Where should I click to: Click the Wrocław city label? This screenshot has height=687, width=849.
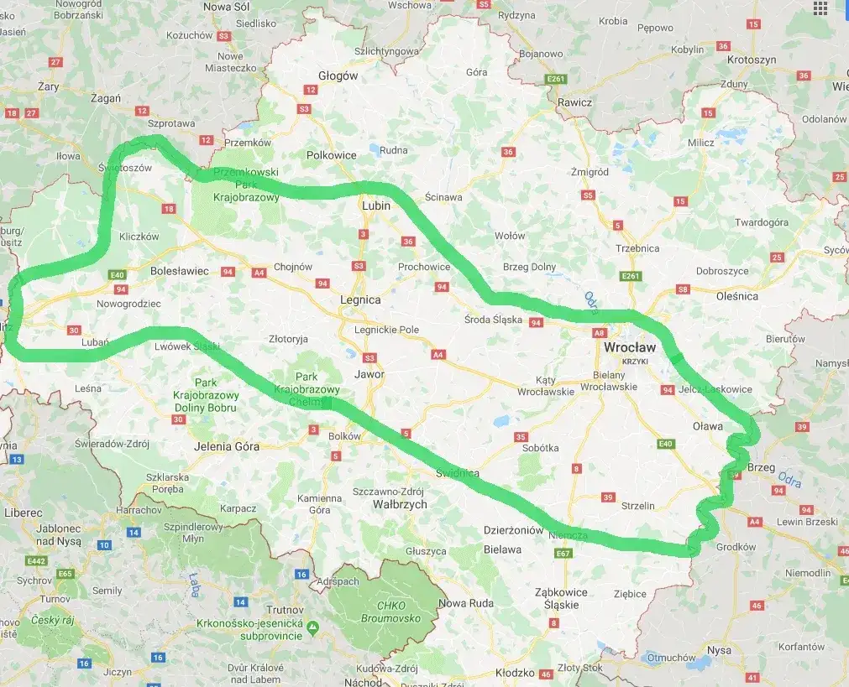tap(630, 346)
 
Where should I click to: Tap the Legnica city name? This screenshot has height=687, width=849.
tap(359, 299)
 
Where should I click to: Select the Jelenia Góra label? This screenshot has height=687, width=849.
tap(226, 446)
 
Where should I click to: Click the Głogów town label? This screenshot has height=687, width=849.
tap(338, 75)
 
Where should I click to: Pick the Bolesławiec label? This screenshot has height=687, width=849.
tap(179, 271)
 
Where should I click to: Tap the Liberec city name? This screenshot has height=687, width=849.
tap(23, 512)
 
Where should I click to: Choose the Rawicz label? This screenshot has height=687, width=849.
tap(574, 102)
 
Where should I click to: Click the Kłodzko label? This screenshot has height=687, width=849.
tap(515, 673)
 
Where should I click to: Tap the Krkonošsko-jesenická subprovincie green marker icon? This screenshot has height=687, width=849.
tap(312, 627)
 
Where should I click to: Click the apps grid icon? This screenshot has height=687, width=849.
tap(820, 8)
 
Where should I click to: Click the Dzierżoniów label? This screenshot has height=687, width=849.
tap(514, 529)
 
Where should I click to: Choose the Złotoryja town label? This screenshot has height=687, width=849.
tap(288, 339)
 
